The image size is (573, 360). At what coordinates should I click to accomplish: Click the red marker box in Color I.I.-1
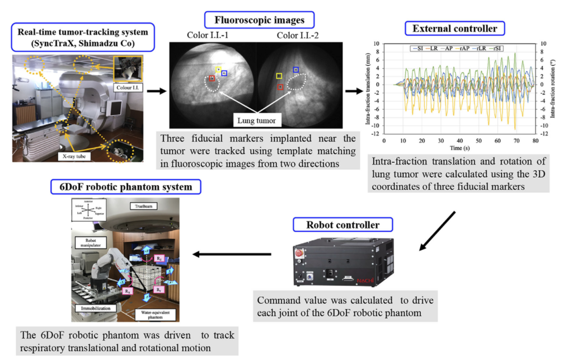212,79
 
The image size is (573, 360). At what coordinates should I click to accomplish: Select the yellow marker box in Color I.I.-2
278,76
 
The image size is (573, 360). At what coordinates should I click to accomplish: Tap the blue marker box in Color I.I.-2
295,69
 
